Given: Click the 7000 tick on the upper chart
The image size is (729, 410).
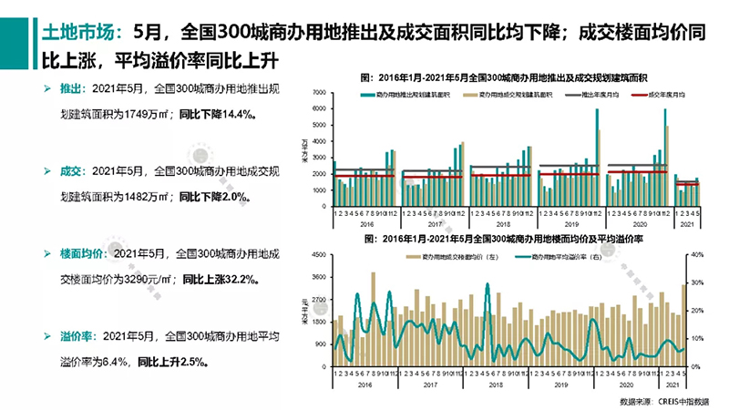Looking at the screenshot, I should tap(319, 93).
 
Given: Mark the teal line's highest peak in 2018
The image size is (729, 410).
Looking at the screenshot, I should tap(488, 285).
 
